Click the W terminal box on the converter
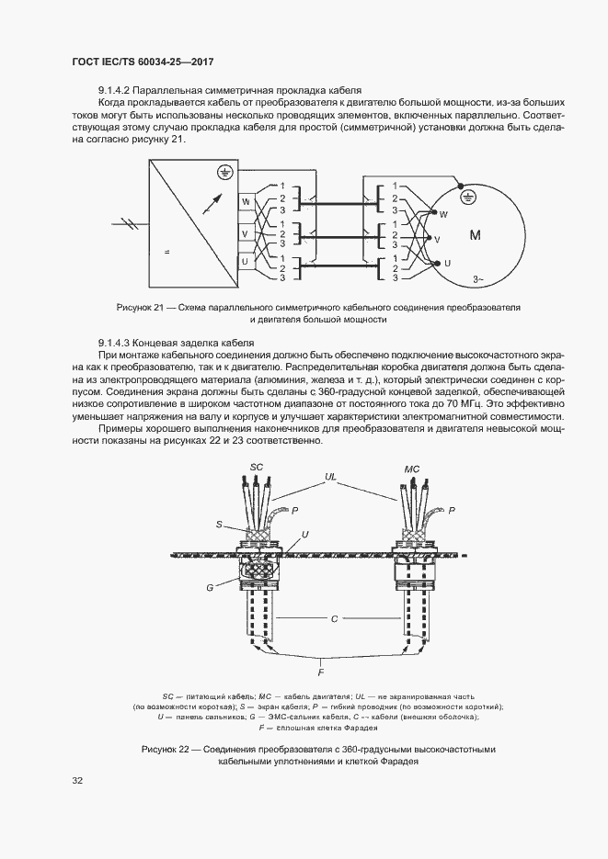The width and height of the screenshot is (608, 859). (x=246, y=201)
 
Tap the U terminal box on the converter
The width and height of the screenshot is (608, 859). (x=246, y=264)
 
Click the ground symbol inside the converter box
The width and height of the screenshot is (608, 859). (x=221, y=172)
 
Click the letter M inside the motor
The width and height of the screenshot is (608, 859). (x=476, y=236)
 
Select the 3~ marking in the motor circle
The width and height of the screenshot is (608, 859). (x=477, y=278)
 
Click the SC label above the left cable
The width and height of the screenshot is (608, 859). (x=258, y=468)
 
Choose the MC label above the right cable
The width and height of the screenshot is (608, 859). (x=412, y=469)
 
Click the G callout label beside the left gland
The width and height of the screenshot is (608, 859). (x=210, y=586)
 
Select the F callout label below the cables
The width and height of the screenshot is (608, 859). (x=320, y=673)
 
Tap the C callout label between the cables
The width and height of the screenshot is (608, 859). (x=336, y=619)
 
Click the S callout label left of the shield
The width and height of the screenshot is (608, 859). (x=219, y=525)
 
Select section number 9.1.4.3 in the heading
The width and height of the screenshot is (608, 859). (x=118, y=342)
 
